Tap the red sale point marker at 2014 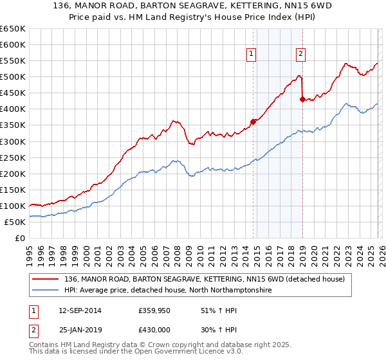click(253, 122)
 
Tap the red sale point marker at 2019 click(302, 99)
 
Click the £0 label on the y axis click(21, 238)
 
